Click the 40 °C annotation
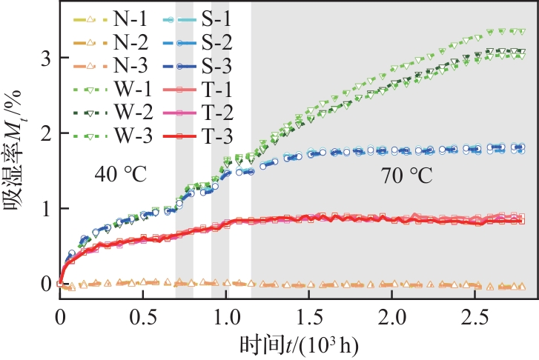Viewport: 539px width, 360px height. (x=120, y=176)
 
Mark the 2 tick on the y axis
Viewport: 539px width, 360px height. (x=46, y=133)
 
